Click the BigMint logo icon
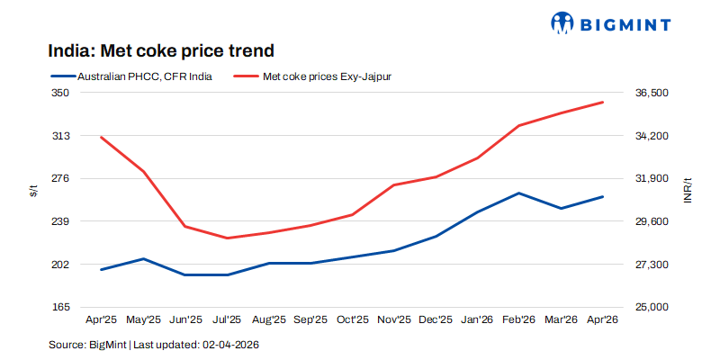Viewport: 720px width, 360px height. point(562,22)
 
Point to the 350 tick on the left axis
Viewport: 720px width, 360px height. point(61,93)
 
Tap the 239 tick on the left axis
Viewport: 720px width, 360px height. point(61,221)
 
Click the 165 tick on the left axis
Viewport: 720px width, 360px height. point(61,307)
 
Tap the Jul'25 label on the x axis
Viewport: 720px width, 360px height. point(227,319)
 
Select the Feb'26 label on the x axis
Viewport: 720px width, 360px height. point(519,319)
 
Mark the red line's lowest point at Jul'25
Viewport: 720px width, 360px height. point(227,238)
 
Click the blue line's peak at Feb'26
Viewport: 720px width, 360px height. point(519,193)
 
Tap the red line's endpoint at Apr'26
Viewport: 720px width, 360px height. point(602,103)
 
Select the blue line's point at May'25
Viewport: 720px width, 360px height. point(143,259)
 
